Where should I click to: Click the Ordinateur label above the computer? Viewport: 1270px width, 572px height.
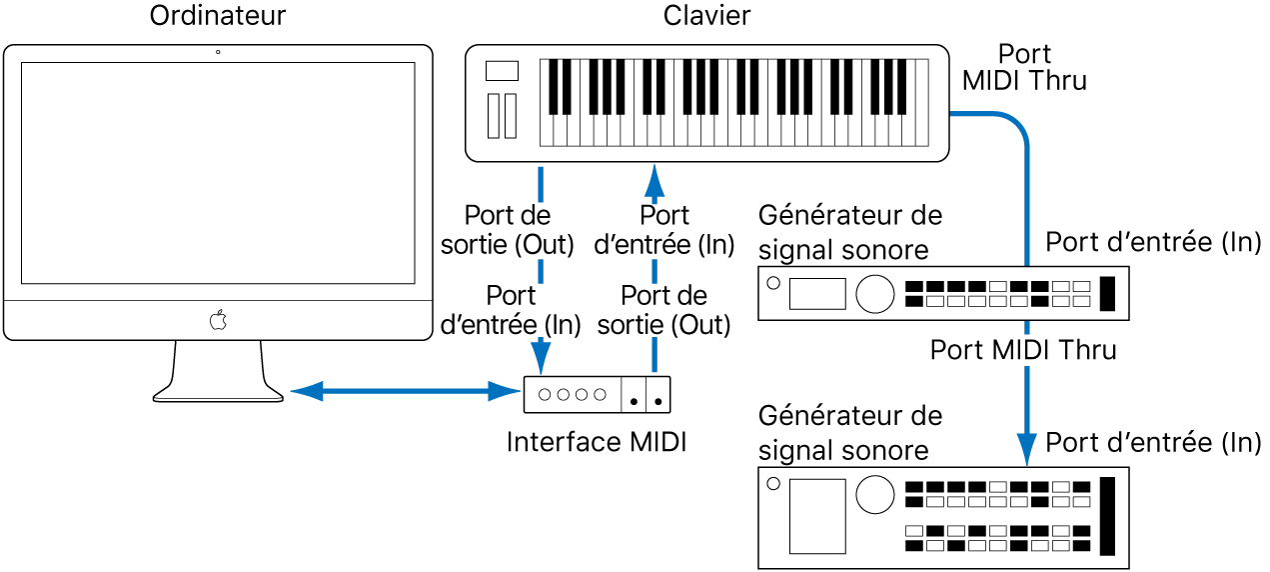(x=217, y=16)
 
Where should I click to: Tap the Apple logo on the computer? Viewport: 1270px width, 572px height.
(x=218, y=321)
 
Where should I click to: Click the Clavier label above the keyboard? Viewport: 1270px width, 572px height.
(x=706, y=16)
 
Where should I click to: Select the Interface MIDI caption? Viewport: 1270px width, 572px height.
(x=597, y=442)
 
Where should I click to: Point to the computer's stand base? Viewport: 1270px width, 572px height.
(x=218, y=394)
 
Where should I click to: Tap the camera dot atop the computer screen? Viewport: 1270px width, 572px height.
(x=218, y=52)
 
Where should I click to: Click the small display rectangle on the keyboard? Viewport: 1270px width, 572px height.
(x=502, y=71)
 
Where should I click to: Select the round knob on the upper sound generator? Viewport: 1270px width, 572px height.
(x=874, y=293)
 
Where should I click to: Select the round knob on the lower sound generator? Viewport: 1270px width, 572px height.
(x=874, y=493)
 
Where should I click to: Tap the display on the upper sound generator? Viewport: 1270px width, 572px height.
(x=816, y=293)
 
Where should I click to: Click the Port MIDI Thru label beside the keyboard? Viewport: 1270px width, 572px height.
(x=1024, y=67)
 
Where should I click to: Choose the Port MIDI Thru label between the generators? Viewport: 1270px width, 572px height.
(x=1022, y=350)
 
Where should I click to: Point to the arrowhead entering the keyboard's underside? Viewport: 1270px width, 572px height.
(x=654, y=179)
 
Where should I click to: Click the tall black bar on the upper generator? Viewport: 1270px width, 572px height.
(x=1107, y=293)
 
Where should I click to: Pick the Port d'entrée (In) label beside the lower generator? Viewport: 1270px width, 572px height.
(x=1153, y=442)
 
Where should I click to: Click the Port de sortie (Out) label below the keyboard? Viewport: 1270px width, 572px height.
(x=508, y=230)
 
